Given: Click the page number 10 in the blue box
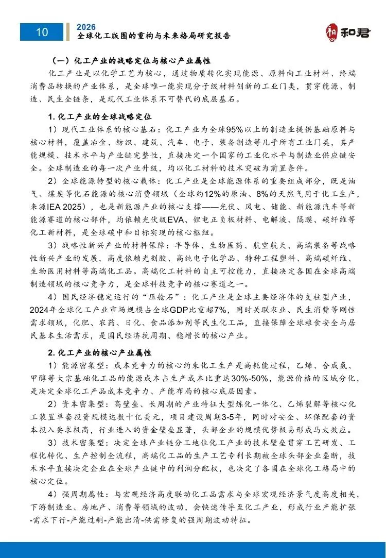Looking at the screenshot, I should point(42,32).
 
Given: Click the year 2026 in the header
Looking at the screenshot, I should point(85,27).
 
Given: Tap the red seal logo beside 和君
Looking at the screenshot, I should point(333,32).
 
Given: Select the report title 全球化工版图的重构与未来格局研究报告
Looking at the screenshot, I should point(153,36).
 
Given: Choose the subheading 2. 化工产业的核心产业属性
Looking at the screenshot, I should point(99,353).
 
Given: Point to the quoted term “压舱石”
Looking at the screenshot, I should point(163,297).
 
